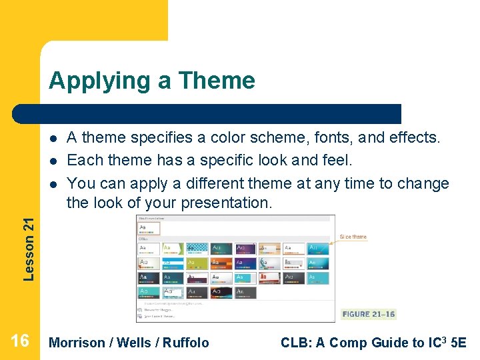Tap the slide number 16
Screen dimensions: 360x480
20,342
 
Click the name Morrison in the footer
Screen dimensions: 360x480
77,343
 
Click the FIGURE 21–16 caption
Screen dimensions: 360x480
368,314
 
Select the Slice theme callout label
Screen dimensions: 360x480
353,237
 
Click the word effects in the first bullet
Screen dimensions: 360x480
415,138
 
